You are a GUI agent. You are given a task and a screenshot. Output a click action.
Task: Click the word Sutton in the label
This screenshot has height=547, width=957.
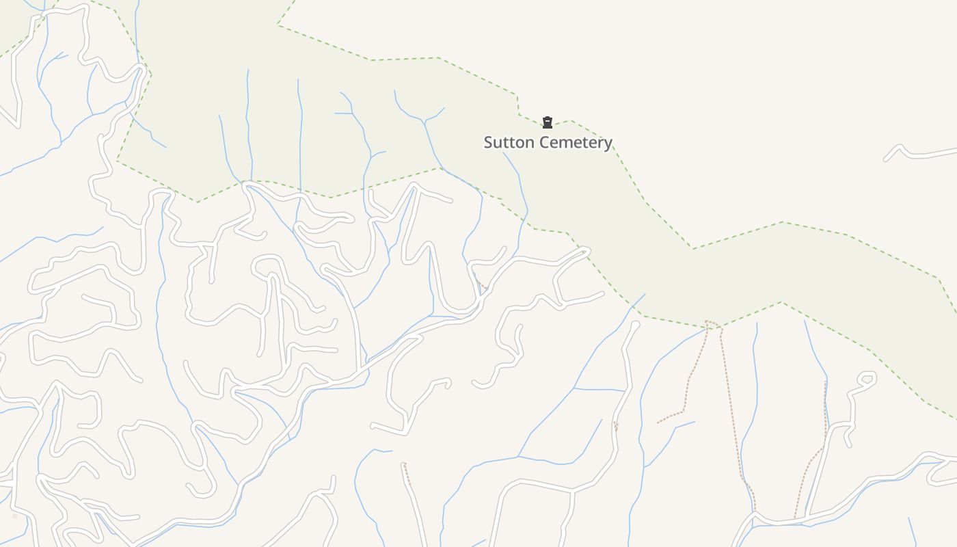point(507,142)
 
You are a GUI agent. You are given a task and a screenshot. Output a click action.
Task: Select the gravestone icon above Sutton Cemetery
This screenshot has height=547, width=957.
point(547,123)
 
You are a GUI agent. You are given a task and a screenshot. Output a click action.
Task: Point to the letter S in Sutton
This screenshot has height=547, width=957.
point(489,142)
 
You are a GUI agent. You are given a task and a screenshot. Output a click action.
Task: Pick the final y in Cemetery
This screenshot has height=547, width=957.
point(608,144)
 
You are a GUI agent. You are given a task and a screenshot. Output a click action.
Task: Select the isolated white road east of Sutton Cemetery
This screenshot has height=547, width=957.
point(923,154)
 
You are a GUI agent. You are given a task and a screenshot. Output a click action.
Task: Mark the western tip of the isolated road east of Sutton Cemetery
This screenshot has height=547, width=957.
point(886,159)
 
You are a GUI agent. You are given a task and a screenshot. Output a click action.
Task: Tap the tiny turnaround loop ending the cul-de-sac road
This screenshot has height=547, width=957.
point(867,378)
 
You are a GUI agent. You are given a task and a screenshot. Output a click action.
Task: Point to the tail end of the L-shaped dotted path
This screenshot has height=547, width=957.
point(658,423)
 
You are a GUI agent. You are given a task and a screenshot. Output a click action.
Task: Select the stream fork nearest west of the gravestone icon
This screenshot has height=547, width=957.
point(425,122)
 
